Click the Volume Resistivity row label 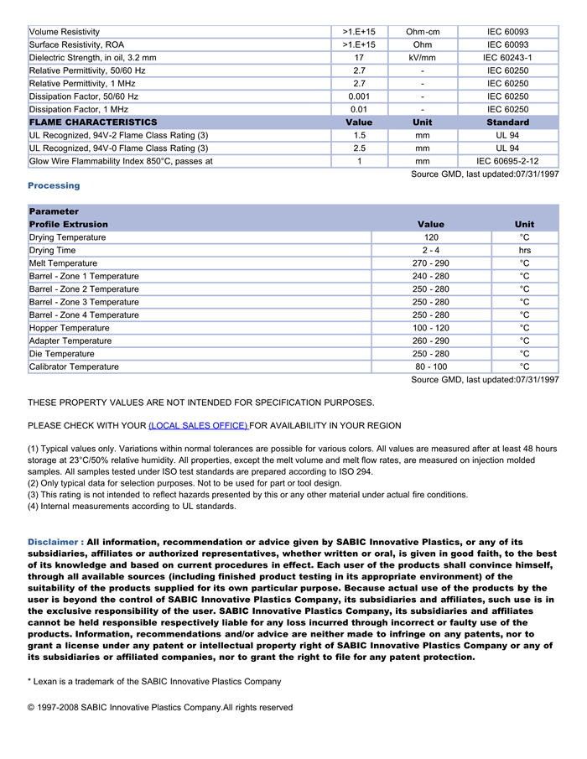pos(65,32)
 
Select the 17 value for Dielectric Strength pos(359,58)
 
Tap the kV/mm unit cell pos(423,58)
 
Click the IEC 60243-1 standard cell pos(507,58)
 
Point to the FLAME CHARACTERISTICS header pos(93,122)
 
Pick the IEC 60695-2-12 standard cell pos(507,161)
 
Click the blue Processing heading pos(54,185)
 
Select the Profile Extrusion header pos(69,225)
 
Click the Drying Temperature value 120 pos(431,237)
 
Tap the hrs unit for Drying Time pos(524,251)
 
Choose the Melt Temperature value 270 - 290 pos(431,263)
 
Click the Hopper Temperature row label pos(70,328)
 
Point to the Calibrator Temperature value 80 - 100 pos(431,367)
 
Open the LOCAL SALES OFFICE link pos(198,425)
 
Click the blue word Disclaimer pos(55,542)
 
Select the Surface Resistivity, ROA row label pos(76,44)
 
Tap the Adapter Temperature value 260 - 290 pos(431,341)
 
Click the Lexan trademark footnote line pos(154,681)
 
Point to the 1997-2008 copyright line pos(160,707)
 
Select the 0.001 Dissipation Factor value pos(359,96)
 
